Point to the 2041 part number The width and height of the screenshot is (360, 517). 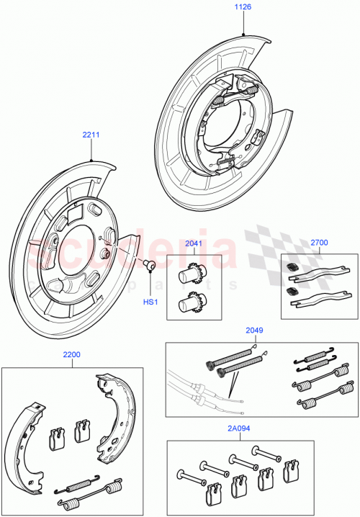pos(192,244)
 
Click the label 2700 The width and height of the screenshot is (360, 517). pos(318,243)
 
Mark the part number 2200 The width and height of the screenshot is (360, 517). pos(71,355)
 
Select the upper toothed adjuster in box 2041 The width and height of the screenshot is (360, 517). pos(191,275)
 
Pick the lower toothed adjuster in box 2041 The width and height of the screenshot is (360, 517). pos(191,302)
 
